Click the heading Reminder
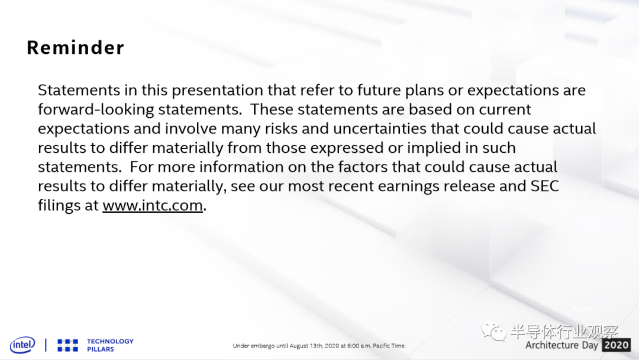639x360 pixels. (x=75, y=47)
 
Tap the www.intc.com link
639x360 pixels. (x=153, y=205)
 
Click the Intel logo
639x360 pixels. (x=22, y=345)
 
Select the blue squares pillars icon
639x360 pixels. (x=67, y=345)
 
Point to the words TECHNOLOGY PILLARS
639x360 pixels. (x=110, y=345)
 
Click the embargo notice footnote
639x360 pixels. (x=319, y=346)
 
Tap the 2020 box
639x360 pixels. (x=617, y=345)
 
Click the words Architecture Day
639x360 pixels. (x=561, y=345)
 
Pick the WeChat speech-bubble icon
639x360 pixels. (x=493, y=330)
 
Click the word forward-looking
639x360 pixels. (x=96, y=110)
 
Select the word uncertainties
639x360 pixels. (x=380, y=128)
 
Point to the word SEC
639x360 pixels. (x=544, y=186)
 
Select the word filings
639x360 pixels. (x=59, y=205)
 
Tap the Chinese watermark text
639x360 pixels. (x=564, y=332)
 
